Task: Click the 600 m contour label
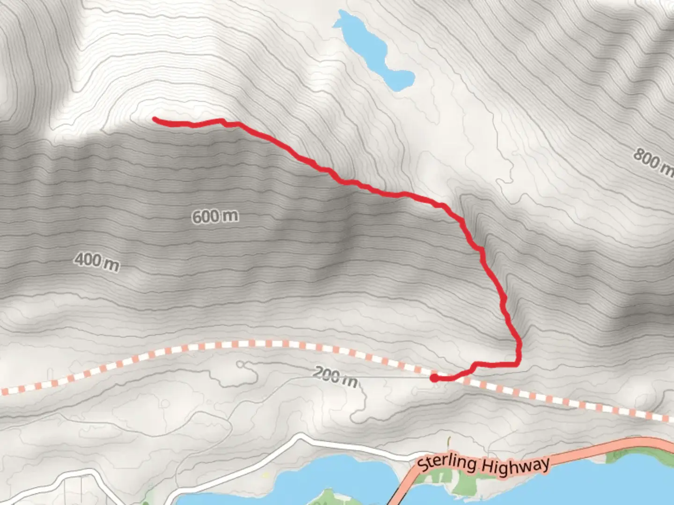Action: click(215, 216)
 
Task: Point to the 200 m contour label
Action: click(335, 376)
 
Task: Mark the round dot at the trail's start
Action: click(434, 377)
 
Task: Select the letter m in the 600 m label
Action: click(229, 216)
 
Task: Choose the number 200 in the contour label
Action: click(326, 374)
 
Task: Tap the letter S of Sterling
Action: click(422, 467)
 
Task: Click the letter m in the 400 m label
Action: click(111, 265)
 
